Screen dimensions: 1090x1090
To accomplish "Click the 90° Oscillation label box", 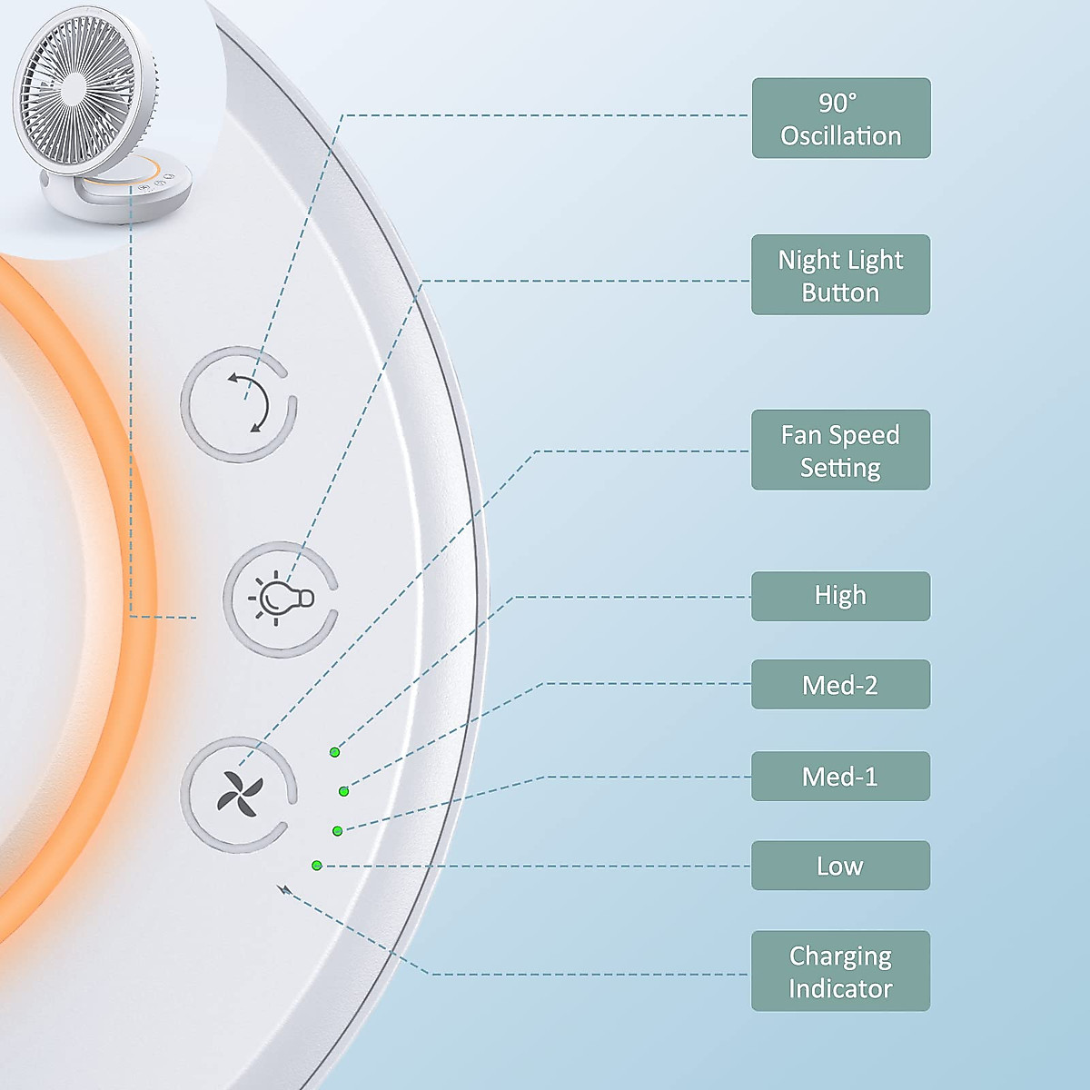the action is pos(840,118).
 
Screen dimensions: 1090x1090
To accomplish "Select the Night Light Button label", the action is pos(840,275).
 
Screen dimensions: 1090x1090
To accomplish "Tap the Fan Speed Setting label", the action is pos(840,450).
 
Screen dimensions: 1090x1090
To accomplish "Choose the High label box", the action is pos(840,596).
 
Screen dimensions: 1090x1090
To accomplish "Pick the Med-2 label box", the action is pos(840,685).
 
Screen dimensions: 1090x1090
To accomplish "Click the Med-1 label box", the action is pos(840,777).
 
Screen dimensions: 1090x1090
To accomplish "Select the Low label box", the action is pos(840,866).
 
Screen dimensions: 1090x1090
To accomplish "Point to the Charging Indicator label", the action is pos(840,971).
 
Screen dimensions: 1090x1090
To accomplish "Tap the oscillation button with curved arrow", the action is pos(240,404).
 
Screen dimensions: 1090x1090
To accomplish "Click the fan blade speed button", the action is pos(239,794).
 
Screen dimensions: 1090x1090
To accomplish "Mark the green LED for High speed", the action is pos(334,752).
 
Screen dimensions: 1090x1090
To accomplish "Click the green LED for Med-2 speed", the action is pos(343,791).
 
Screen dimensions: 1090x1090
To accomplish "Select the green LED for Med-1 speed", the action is pos(337,830).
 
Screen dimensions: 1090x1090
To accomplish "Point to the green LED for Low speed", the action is pos(316,866).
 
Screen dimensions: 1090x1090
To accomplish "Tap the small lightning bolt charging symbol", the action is pos(285,890).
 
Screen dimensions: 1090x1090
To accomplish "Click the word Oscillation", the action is pos(840,136).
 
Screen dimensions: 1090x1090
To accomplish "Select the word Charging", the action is pos(840,956).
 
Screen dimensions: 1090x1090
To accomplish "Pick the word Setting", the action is pos(840,468).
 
